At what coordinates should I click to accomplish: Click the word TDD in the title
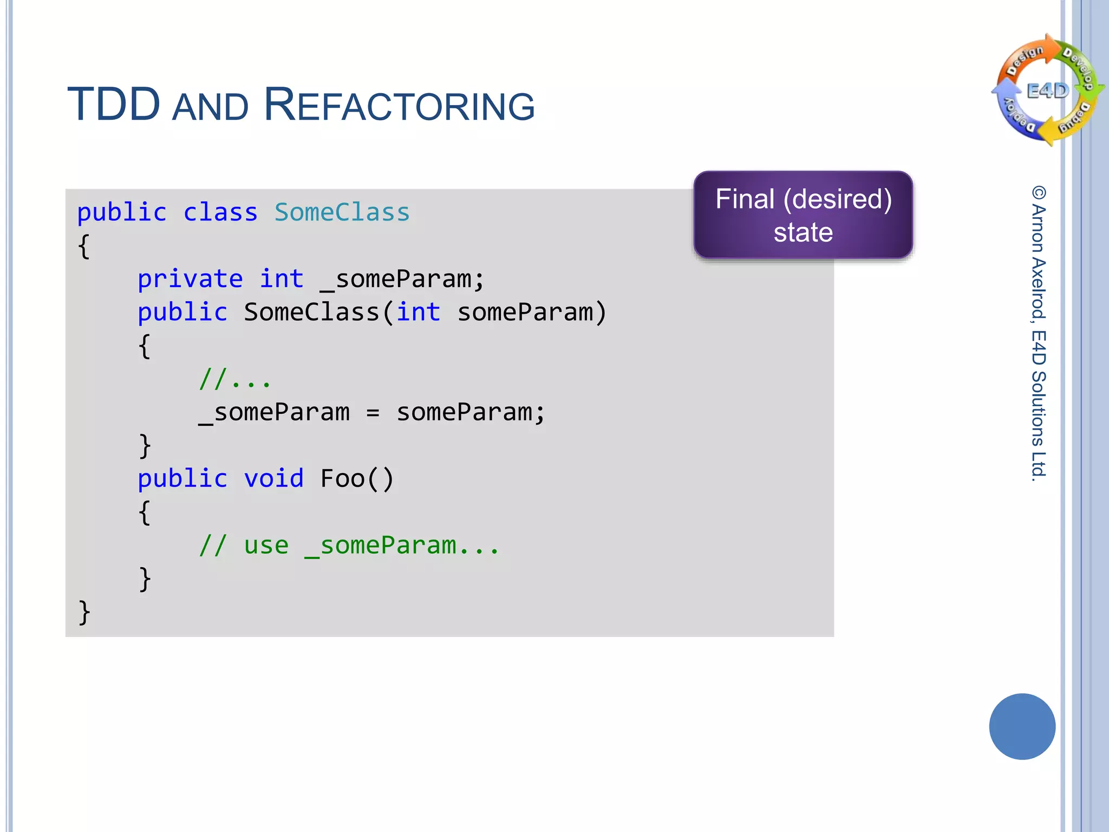pos(114,105)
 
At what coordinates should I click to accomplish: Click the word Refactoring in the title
pos(399,105)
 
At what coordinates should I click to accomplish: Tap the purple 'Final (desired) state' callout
pos(803,215)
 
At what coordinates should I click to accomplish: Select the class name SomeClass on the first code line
pos(342,212)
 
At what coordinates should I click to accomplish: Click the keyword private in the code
pos(190,279)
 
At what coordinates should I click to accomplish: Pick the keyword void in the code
pos(273,479)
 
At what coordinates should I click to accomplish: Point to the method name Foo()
pos(357,479)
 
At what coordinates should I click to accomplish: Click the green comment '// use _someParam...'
pos(349,545)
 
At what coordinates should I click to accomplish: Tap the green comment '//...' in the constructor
pos(234,379)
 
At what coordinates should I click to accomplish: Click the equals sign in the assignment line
pos(373,413)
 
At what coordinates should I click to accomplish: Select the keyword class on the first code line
pos(220,212)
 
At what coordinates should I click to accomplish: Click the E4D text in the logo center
pos(1048,90)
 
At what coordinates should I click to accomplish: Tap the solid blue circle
pos(1022,726)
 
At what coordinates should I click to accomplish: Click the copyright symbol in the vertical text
pos(1039,193)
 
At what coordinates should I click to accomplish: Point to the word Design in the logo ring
pos(1025,60)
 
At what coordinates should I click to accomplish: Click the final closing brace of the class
pos(84,613)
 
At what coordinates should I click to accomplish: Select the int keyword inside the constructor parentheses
pos(418,313)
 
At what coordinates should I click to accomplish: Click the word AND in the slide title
pos(210,107)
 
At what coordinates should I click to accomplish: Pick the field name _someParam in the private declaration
pos(402,279)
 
